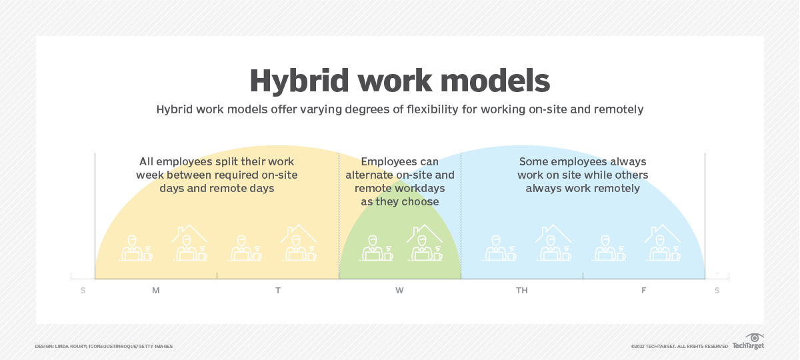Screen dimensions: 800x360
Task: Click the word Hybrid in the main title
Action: click(x=299, y=82)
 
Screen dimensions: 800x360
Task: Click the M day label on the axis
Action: click(x=156, y=291)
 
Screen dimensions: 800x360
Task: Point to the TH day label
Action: click(x=522, y=291)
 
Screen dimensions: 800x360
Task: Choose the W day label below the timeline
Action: click(x=399, y=291)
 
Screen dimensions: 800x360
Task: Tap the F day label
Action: click(x=643, y=291)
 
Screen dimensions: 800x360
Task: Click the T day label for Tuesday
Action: click(x=278, y=291)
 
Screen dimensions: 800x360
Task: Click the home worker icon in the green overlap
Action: click(x=425, y=243)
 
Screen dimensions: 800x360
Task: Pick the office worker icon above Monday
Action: click(x=135, y=248)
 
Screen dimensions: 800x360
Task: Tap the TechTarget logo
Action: click(x=748, y=342)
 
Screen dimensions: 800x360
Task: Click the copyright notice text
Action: click(x=679, y=347)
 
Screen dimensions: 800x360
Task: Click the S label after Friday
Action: click(x=717, y=291)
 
